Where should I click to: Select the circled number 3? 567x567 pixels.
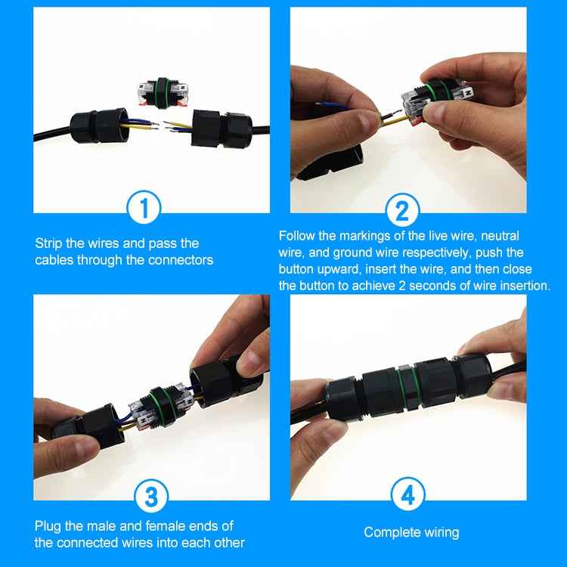coord(150,497)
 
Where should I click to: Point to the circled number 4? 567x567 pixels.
coord(407,497)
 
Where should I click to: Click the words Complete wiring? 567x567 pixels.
coord(411,532)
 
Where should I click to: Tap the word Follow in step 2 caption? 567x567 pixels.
coord(296,237)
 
